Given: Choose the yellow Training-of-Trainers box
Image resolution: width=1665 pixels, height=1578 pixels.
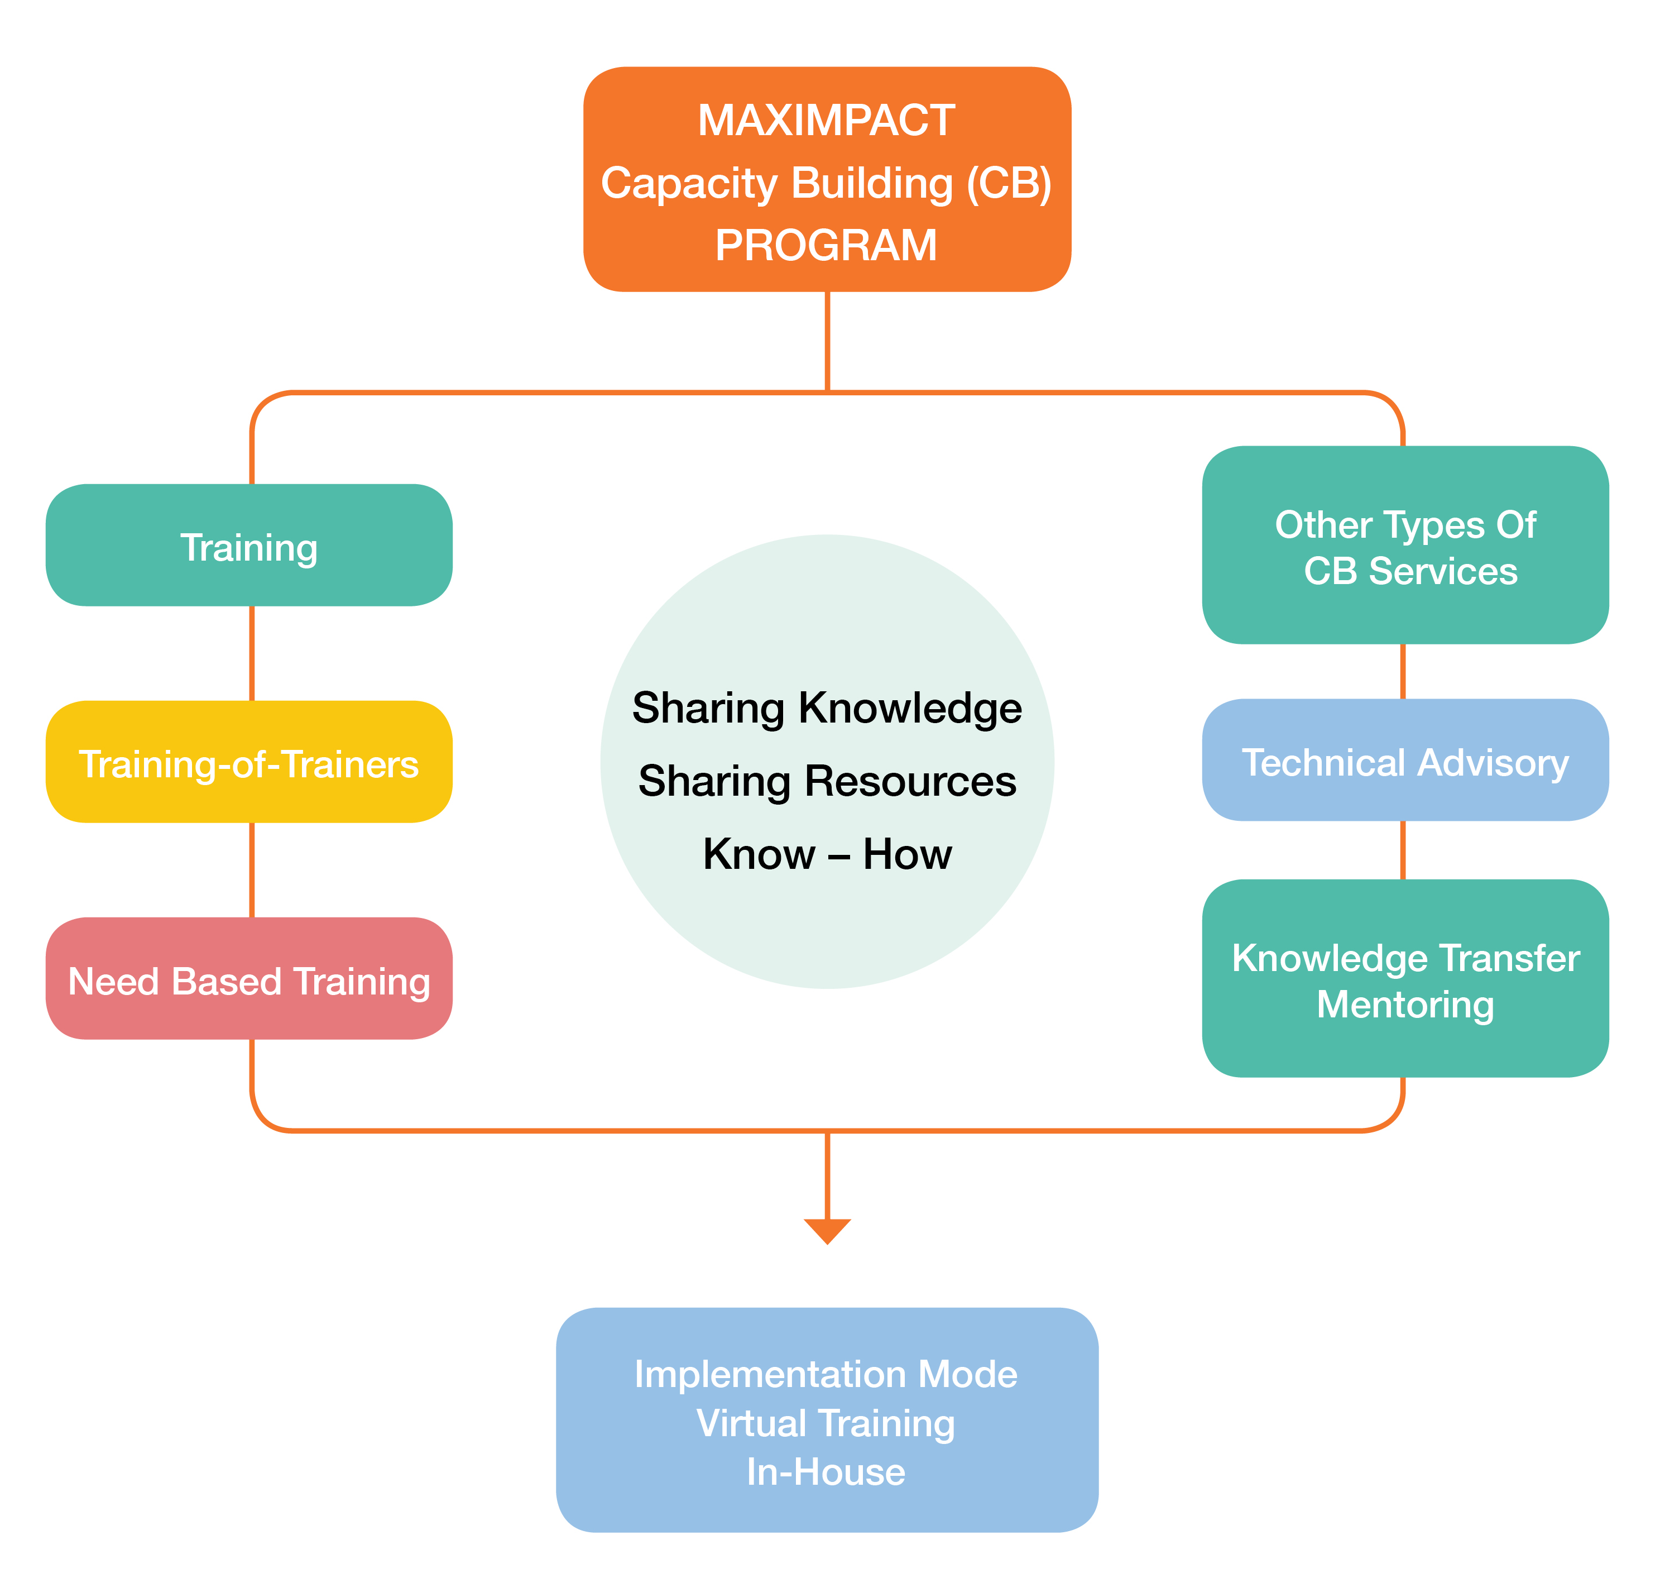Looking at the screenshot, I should tap(249, 763).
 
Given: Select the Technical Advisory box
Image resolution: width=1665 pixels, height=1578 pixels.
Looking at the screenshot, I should tap(1405, 761).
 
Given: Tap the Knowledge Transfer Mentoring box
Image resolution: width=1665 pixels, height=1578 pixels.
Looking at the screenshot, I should tap(1405, 979).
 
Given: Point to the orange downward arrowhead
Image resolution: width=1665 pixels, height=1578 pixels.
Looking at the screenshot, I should tap(827, 1230).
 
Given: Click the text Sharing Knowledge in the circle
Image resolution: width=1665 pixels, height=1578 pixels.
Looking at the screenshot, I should tap(827, 707).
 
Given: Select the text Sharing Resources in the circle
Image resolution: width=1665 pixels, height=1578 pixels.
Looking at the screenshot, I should tap(827, 781).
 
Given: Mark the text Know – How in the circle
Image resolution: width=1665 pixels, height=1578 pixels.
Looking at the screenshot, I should tap(827, 854).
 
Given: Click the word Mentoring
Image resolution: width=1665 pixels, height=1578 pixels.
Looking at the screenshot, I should tap(1405, 1005).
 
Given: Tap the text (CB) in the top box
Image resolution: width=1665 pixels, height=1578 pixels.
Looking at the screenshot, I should tap(1009, 183).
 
